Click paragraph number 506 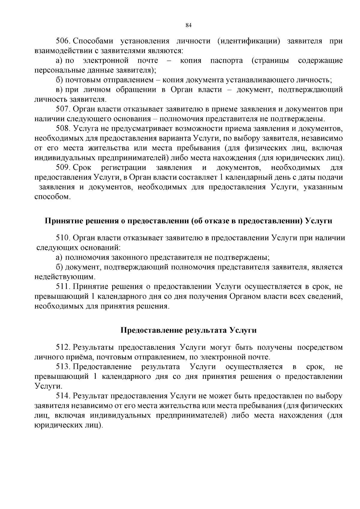coord(63,41)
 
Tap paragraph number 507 coord(63,109)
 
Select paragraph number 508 coord(63,129)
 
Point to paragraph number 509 coord(63,167)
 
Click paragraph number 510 coord(63,238)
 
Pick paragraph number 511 coord(63,287)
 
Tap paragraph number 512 coord(63,347)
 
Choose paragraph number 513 coord(63,367)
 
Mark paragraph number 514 coord(63,396)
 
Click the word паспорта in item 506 coord(226,61)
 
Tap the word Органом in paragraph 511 coord(245,296)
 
